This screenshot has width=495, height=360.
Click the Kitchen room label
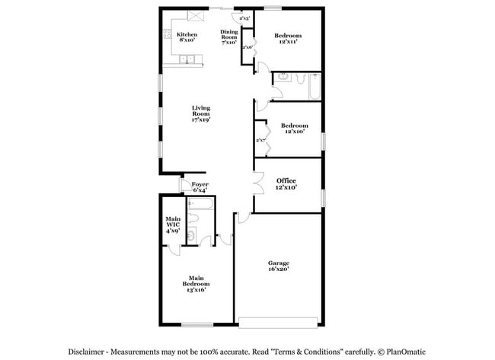point(187,37)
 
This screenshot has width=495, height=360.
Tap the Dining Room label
point(229,37)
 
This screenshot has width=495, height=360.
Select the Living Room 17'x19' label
point(201,113)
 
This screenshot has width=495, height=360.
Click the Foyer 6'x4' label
point(200,186)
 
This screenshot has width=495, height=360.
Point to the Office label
point(286,183)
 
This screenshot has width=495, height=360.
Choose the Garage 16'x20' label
point(278,266)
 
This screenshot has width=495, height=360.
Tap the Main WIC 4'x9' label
point(173,225)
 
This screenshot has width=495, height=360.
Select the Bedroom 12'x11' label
point(288,38)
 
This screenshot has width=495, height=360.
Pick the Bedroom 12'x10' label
point(294,128)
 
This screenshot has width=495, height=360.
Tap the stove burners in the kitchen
point(166,34)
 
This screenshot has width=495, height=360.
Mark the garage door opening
point(277,320)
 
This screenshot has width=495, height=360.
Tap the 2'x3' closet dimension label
point(245,18)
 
